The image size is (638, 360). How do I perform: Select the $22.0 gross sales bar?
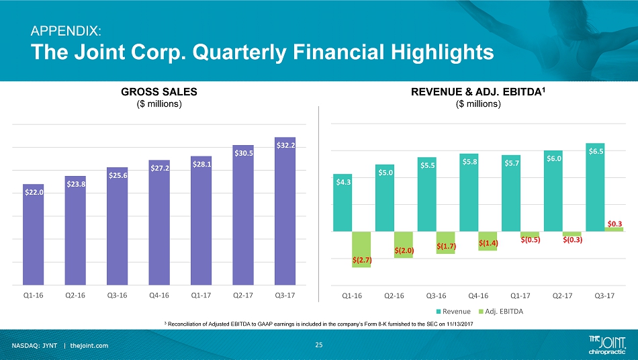click(x=34, y=235)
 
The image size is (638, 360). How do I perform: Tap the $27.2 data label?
click(x=159, y=167)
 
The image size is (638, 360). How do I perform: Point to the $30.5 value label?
click(x=243, y=153)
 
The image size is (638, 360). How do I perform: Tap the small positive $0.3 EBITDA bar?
click(x=614, y=229)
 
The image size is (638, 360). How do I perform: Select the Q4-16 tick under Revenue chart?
click(x=477, y=295)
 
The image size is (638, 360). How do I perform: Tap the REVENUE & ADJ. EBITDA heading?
click(x=479, y=91)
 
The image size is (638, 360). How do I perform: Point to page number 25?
click(x=319, y=345)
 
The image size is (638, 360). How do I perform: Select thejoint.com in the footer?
click(x=89, y=345)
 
